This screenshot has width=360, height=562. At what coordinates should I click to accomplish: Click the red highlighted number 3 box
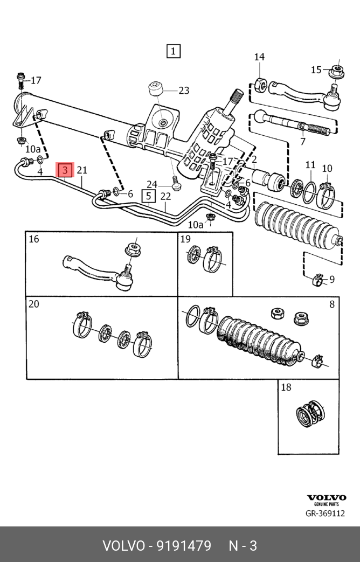pyautogui.click(x=65, y=170)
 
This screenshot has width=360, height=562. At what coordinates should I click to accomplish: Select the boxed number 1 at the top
pyautogui.click(x=173, y=51)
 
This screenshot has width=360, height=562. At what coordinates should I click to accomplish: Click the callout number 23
pyautogui.click(x=184, y=91)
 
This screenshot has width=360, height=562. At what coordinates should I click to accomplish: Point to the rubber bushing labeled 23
pyautogui.click(x=157, y=88)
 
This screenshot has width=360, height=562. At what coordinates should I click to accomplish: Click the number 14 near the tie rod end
pyautogui.click(x=259, y=57)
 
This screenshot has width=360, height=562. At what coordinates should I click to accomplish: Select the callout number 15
pyautogui.click(x=316, y=70)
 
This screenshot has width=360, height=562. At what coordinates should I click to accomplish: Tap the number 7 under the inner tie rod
pyautogui.click(x=303, y=142)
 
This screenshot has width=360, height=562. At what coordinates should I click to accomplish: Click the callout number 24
pyautogui.click(x=152, y=184)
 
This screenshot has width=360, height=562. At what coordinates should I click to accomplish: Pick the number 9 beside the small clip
pyautogui.click(x=331, y=279)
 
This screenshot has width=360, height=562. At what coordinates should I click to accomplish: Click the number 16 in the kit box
pyautogui.click(x=34, y=239)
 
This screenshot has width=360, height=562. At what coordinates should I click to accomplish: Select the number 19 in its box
pyautogui.click(x=185, y=239)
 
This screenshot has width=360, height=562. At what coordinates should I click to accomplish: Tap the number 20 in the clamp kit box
pyautogui.click(x=34, y=304)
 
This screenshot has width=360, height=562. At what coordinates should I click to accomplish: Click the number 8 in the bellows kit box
pyautogui.click(x=332, y=304)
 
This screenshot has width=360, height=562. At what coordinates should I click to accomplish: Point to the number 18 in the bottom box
pyautogui.click(x=286, y=387)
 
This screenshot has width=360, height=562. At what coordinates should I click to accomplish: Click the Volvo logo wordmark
pyautogui.click(x=327, y=498)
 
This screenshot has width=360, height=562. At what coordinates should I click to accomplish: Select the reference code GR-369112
pyautogui.click(x=325, y=514)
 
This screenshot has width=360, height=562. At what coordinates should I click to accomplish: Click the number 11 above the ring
pyautogui.click(x=310, y=165)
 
